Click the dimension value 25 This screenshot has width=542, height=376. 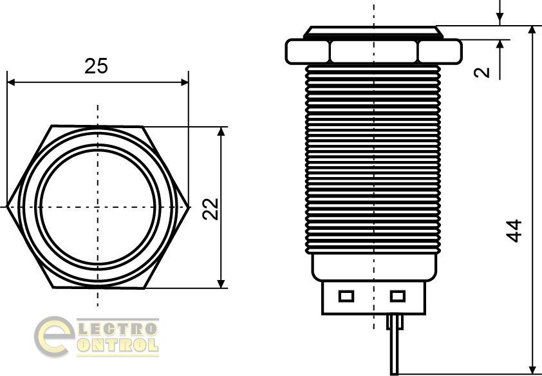pos(96,66)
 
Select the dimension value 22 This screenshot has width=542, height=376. pos(210,209)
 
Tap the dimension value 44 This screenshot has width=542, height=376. pos(514,230)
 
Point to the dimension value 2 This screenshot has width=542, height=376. pos(482,72)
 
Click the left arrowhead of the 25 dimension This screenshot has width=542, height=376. pos(11,82)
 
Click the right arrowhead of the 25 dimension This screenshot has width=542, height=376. pos(185,82)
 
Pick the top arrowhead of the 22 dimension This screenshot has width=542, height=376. pos(221,131)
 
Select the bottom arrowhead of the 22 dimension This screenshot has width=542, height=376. pos(221,284)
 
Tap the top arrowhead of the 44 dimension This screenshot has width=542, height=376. pos(532,30)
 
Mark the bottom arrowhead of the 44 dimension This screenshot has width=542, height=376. pos(532,370)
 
